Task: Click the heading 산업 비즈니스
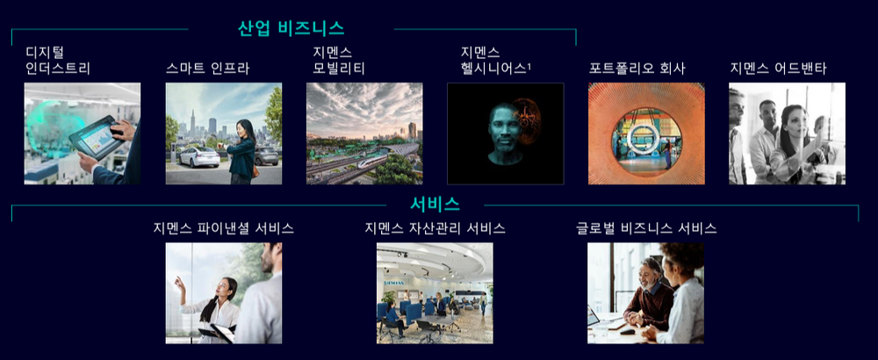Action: click(x=291, y=28)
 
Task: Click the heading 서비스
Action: click(x=435, y=205)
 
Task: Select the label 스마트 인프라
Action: click(x=208, y=68)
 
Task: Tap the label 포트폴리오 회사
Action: click(x=637, y=68)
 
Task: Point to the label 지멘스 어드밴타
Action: click(x=778, y=68)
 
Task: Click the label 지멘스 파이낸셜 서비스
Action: click(x=223, y=228)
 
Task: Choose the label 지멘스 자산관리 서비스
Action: click(x=435, y=228)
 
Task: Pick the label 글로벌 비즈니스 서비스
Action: click(x=647, y=228)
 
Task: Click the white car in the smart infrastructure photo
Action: click(x=199, y=157)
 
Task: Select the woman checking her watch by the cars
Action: click(x=241, y=152)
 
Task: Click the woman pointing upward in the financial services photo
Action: click(x=212, y=308)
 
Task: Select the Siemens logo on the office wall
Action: click(x=393, y=284)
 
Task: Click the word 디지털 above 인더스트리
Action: click(x=45, y=52)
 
